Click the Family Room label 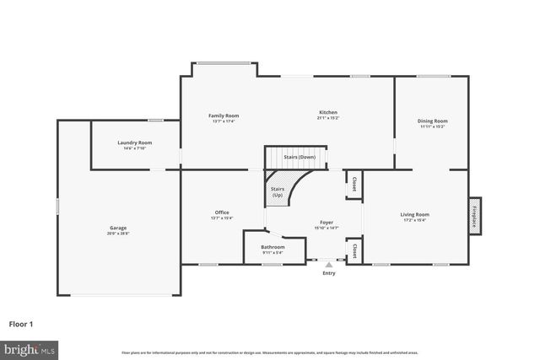coord(224,116)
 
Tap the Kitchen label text coord(328,113)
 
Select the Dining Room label coord(432,121)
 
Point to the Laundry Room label coord(135,142)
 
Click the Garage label coord(117,228)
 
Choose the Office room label coord(222,212)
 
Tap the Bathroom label coord(273,247)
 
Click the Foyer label coord(327,223)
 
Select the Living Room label coord(414,214)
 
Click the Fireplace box coord(475,215)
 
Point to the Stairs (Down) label coord(300,157)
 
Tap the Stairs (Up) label coord(278,191)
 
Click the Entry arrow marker coord(329,264)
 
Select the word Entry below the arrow coord(329,273)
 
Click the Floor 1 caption coord(21,324)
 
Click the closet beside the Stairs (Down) coord(354,184)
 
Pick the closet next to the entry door coord(354,250)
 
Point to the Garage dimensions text coord(117,234)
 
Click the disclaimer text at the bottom coord(269,352)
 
